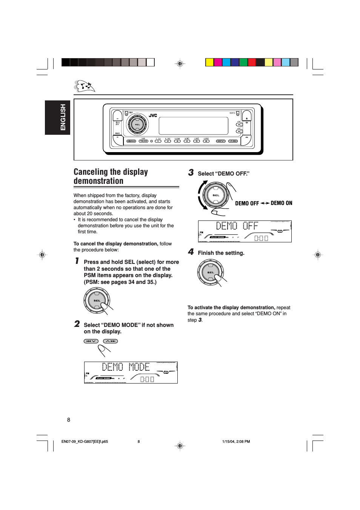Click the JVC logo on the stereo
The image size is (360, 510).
pyautogui.click(x=153, y=116)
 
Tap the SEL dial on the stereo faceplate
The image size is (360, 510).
pyautogui.click(x=137, y=124)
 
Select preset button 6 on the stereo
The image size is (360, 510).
pyautogui.click(x=206, y=141)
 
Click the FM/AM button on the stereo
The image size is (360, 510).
pyautogui.click(x=143, y=141)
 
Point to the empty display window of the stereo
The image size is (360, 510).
pyautogui.click(x=193, y=126)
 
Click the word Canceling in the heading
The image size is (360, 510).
pyautogui.click(x=90, y=172)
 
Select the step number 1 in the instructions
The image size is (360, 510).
pyautogui.click(x=77, y=261)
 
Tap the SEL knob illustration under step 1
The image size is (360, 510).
pyautogui.click(x=97, y=300)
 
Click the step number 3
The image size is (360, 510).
pyautogui.click(x=191, y=173)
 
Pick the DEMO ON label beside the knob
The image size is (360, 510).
pyautogui.click(x=281, y=203)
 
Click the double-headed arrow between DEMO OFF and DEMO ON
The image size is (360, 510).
pyautogui.click(x=265, y=203)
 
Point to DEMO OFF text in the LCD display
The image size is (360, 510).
pyautogui.click(x=237, y=226)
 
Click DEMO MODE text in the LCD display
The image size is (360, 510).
pyautogui.click(x=126, y=367)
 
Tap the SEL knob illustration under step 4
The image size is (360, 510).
pyautogui.click(x=211, y=272)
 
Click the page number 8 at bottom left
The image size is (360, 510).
pyautogui.click(x=69, y=420)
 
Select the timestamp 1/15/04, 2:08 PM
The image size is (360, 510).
pyautogui.click(x=236, y=441)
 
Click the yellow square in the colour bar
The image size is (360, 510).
pyautogui.click(x=209, y=62)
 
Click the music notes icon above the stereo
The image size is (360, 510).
pyautogui.click(x=85, y=86)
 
